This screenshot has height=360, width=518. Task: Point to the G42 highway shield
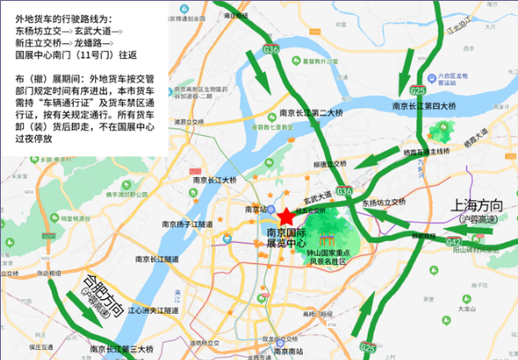453,241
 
